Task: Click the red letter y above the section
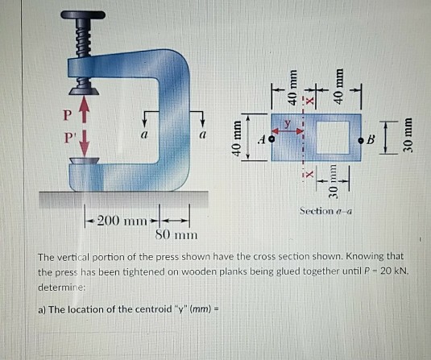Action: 288,122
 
